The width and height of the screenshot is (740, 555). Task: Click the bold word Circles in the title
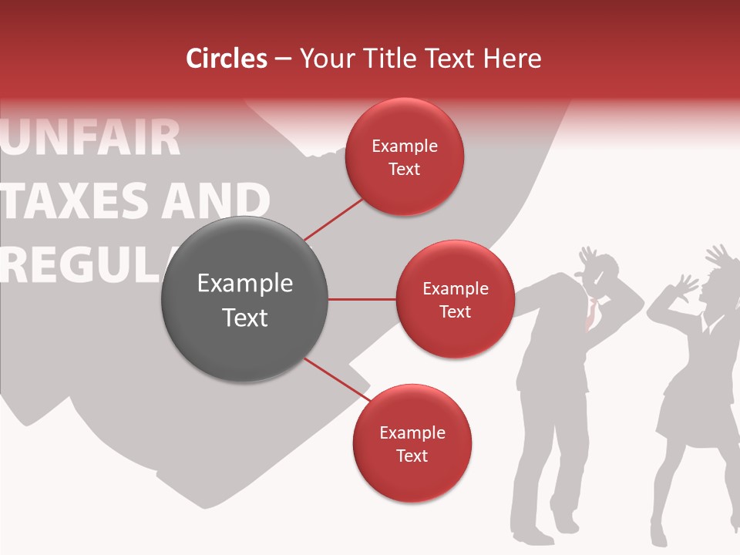tap(227, 59)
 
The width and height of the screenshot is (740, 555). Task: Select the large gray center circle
tap(244, 300)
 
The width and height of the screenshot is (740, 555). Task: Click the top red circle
tap(404, 156)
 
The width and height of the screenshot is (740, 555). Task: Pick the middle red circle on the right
tap(455, 299)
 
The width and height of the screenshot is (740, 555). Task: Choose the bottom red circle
tap(412, 443)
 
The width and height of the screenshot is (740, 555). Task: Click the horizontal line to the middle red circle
tap(362, 299)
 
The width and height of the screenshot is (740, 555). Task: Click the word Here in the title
tap(513, 59)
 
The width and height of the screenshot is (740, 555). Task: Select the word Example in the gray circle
tap(244, 284)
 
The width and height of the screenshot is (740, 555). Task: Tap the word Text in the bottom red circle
tap(412, 456)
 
